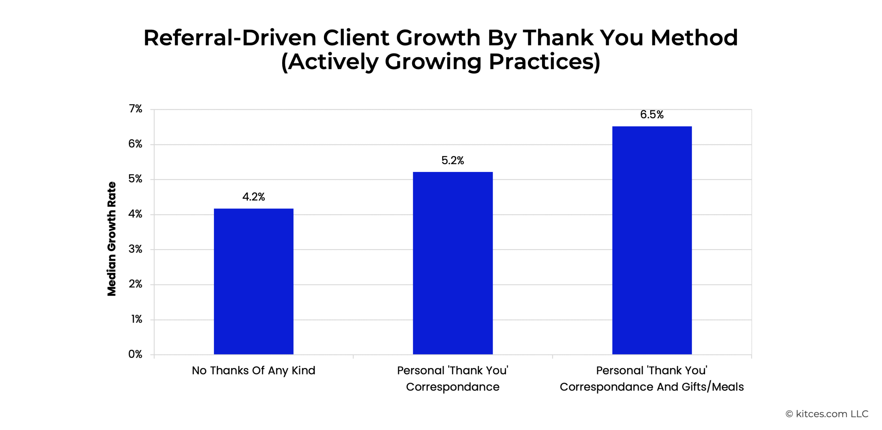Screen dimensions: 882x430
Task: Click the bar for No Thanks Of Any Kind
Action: pyautogui.click(x=254, y=281)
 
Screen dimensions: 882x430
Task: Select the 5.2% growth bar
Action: pyautogui.click(x=453, y=263)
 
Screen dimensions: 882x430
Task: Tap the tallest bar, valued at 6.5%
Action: pyautogui.click(x=652, y=240)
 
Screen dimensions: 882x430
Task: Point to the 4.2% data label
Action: pyautogui.click(x=254, y=197)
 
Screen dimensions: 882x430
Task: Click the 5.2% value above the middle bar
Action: pyautogui.click(x=453, y=160)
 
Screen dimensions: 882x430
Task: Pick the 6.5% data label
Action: pyautogui.click(x=652, y=114)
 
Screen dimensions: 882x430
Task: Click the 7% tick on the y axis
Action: pyautogui.click(x=135, y=109)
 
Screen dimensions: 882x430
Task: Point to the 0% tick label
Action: pyautogui.click(x=135, y=354)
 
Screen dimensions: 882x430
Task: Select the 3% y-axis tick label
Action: pyautogui.click(x=135, y=249)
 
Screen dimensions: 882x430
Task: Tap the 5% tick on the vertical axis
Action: pyautogui.click(x=135, y=179)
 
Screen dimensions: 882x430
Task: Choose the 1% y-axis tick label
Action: pyautogui.click(x=137, y=319)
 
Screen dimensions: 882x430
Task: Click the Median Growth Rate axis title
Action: pyautogui.click(x=112, y=239)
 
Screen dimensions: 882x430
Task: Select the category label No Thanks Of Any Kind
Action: pyautogui.click(x=254, y=370)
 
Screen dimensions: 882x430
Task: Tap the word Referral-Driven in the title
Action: pyautogui.click(x=230, y=38)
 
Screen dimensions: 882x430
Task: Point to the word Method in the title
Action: pyautogui.click(x=694, y=38)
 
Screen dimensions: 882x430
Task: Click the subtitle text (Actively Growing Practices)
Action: pyautogui.click(x=441, y=62)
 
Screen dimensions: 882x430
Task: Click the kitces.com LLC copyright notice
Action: pyautogui.click(x=827, y=414)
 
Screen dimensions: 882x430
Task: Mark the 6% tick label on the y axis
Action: pyautogui.click(x=135, y=144)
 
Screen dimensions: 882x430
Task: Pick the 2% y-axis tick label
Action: pyautogui.click(x=135, y=284)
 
